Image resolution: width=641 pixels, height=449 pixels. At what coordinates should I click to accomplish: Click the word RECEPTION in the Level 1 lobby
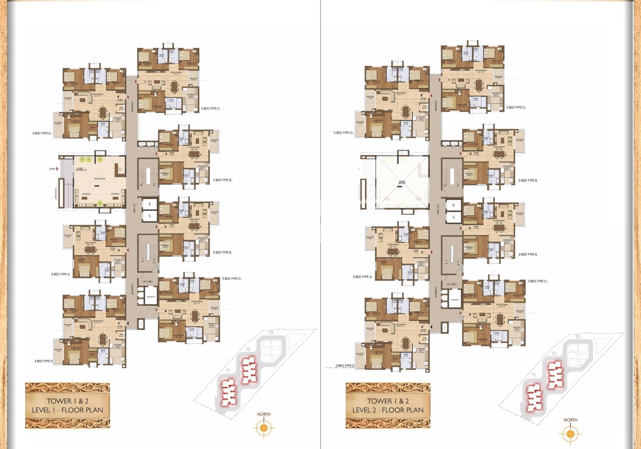point(100,179)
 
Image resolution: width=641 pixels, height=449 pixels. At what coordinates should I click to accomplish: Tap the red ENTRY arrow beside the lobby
point(57,169)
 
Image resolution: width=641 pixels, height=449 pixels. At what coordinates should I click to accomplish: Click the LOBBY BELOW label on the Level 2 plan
point(402,182)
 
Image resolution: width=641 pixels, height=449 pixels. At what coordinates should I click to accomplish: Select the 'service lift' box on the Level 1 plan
point(150,297)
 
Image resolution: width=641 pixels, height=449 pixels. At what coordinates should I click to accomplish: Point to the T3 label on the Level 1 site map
point(271,333)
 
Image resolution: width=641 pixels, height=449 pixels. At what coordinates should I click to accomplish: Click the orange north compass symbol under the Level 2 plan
point(570,434)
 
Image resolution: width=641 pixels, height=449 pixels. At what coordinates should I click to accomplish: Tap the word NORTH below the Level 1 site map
point(264,414)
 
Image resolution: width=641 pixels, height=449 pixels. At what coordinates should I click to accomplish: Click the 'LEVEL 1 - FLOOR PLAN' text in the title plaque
point(68,410)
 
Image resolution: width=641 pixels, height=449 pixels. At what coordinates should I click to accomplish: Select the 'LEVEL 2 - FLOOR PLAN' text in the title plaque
point(388,410)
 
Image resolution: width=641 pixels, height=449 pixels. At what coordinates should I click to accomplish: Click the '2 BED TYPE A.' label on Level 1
point(61,274)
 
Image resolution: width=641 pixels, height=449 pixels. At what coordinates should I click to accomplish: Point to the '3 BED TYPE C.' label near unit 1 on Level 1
point(211,109)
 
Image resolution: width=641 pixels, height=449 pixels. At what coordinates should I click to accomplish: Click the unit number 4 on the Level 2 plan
point(470,314)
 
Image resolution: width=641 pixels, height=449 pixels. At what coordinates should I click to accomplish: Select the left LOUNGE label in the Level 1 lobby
point(86,194)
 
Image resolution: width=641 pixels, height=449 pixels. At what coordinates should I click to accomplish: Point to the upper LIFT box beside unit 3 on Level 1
point(149,204)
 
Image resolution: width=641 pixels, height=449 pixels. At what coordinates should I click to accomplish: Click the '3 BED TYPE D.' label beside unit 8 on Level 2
point(343,133)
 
